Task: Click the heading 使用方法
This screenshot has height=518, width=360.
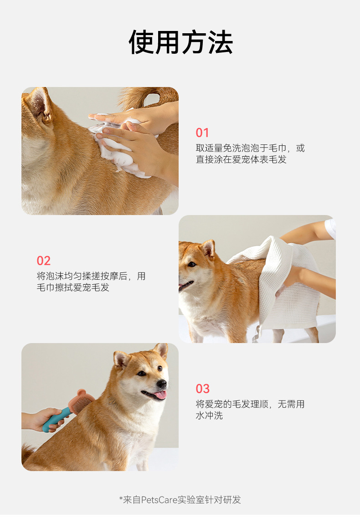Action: pos(180,42)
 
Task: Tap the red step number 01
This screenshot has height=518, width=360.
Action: pos(202,133)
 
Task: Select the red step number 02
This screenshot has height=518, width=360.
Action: pos(44,261)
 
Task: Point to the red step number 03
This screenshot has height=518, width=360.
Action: pos(203,389)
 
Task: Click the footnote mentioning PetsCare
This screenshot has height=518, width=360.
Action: pos(180,500)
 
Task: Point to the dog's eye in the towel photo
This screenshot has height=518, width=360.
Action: pos(192,264)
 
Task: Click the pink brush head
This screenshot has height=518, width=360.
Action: pos(81,402)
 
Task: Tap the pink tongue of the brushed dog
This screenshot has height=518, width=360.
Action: pos(161,395)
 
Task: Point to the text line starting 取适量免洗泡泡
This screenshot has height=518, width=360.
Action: pos(250,148)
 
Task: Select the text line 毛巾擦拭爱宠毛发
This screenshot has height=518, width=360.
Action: pos(73,287)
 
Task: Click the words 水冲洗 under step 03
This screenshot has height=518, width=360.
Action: pos(209,415)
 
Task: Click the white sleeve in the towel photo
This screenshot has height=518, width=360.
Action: pos(330,228)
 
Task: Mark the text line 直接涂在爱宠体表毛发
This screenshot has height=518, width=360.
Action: pos(241,159)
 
